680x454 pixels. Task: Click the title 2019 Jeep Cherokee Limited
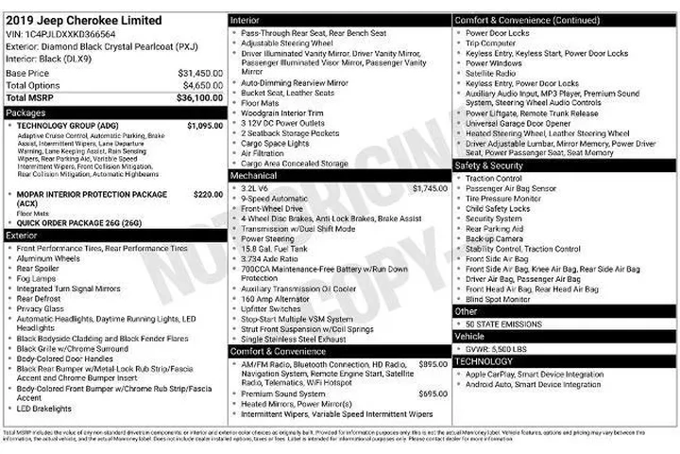click(x=83, y=20)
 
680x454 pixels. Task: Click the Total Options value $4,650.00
click(x=202, y=85)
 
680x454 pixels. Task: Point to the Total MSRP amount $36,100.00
click(x=199, y=97)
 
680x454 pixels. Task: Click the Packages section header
click(x=25, y=112)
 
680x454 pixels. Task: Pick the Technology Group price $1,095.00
click(x=205, y=125)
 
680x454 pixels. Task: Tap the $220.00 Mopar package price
click(x=208, y=194)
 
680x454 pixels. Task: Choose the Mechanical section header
click(x=253, y=175)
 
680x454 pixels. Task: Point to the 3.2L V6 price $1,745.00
click(x=430, y=188)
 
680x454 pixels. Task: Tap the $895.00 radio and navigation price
click(x=433, y=364)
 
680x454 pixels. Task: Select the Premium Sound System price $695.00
click(x=433, y=393)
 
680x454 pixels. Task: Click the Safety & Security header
click(x=488, y=166)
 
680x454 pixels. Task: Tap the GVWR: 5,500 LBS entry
click(x=498, y=349)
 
